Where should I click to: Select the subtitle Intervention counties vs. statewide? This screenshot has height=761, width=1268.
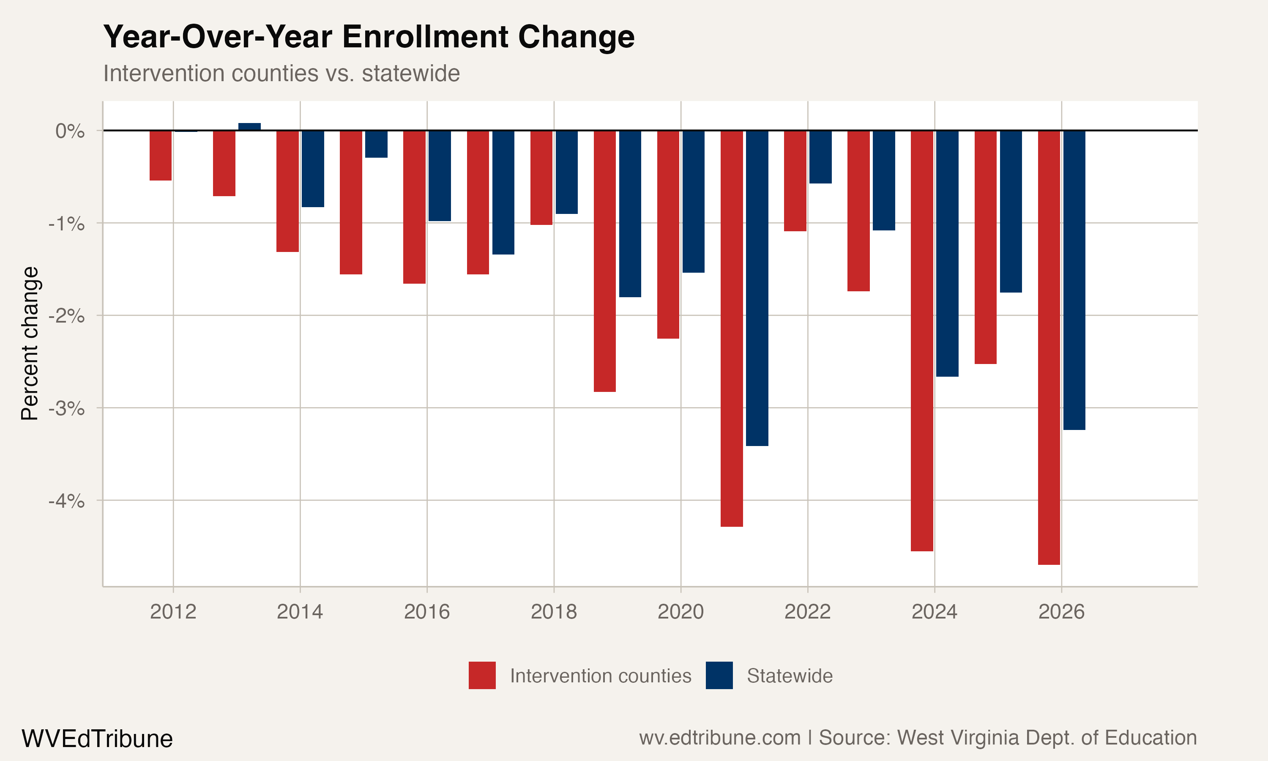[x=281, y=73]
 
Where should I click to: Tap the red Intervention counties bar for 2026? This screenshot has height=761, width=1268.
[x=1049, y=347]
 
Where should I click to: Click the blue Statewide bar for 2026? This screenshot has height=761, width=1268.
[x=1074, y=280]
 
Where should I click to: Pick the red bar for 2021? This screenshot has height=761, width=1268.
[x=731, y=328]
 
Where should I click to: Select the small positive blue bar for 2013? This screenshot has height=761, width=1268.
[x=250, y=127]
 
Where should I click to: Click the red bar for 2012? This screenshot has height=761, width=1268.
[x=161, y=156]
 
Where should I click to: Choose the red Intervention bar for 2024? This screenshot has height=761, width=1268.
[x=921, y=340]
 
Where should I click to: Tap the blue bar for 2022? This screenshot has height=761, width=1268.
[x=820, y=157]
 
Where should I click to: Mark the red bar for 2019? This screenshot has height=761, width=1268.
[x=605, y=261]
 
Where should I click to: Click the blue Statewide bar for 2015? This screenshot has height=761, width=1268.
[x=376, y=144]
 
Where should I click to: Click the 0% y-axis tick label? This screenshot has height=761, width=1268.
[x=70, y=131]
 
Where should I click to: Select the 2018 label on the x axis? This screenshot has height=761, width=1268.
[x=554, y=612]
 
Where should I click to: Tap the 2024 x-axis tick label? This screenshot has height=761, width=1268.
[x=935, y=612]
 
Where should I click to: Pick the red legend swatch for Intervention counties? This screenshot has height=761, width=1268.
[x=482, y=675]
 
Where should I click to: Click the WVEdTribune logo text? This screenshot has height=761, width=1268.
[x=97, y=739]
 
